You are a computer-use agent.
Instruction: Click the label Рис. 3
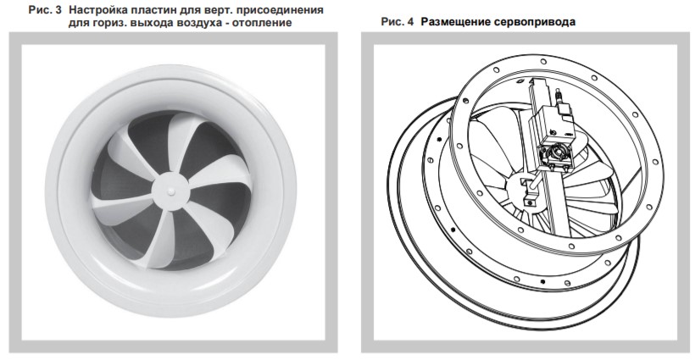pos(45,10)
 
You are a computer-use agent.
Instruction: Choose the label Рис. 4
pos(398,22)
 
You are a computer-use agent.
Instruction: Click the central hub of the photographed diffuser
pos(170,191)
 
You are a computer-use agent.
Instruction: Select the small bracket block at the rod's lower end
pos(529,200)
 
